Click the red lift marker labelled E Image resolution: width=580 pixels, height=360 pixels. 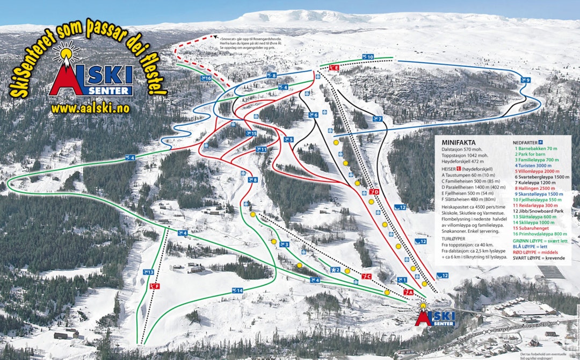pos(334,68)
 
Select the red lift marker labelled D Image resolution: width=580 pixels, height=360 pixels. pos(375,191)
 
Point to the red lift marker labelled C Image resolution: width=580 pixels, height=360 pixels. pos(367,276)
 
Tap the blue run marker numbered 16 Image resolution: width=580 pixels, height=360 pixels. pos(206,78)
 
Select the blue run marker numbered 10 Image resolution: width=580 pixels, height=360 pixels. pos(368,56)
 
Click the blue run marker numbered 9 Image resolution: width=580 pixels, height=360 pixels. pos(525,80)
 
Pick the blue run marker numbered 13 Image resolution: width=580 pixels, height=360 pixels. pos(149,272)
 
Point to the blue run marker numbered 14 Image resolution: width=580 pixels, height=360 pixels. pos(237,290)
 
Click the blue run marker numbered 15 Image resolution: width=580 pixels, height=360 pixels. pos(251,133)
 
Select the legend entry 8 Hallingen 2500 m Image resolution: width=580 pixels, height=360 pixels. pos(534,189)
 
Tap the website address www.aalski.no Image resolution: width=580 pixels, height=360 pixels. pos(90,109)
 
